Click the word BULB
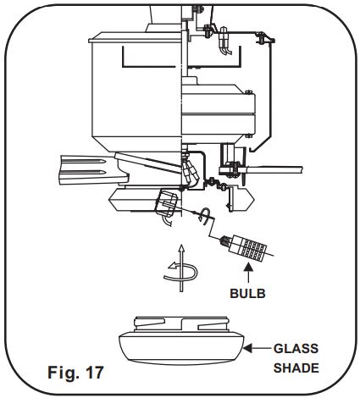247,294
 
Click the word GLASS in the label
296,349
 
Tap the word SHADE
296,368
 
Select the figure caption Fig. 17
75,373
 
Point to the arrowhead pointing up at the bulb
248,268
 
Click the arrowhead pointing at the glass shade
247,349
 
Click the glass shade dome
181,348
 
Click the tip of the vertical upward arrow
181,246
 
